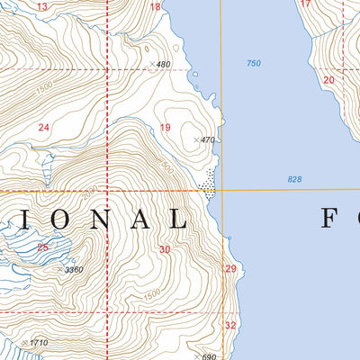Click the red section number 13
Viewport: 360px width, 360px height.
(x=42, y=6)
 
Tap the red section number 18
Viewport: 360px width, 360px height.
(x=155, y=7)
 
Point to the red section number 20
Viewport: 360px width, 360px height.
(x=328, y=80)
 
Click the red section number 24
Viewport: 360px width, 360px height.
(x=43, y=128)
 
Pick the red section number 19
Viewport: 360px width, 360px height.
(x=165, y=128)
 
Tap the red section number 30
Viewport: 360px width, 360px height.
(x=164, y=249)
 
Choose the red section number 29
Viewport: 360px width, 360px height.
(x=230, y=269)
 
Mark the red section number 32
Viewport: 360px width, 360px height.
(x=230, y=325)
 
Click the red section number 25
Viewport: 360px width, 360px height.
(x=42, y=247)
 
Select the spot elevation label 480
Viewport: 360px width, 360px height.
(x=163, y=65)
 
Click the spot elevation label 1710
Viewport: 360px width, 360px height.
(x=38, y=343)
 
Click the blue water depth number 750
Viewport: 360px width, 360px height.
(x=253, y=63)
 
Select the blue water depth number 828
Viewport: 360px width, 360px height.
(x=294, y=180)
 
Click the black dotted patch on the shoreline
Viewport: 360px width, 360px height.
(x=210, y=183)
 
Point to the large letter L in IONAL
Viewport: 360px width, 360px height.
(x=175, y=219)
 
